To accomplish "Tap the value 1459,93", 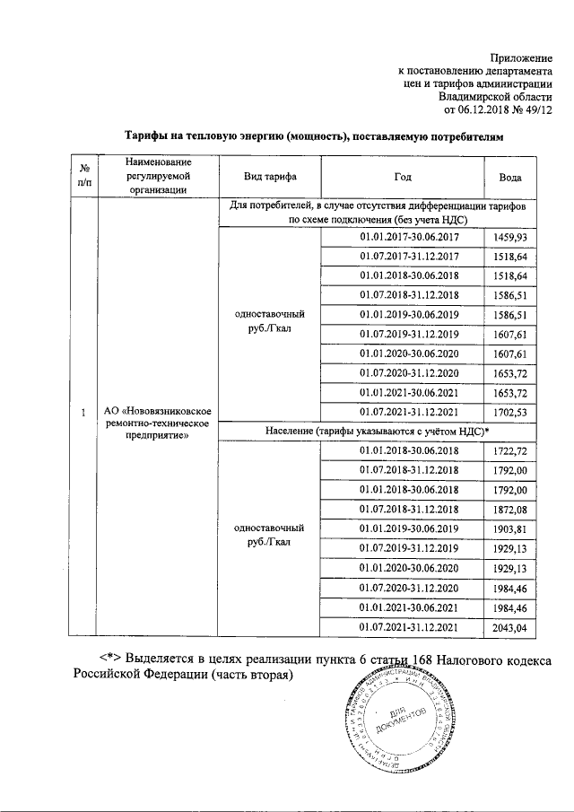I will point(509,236).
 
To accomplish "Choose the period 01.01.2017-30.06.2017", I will point(409,236).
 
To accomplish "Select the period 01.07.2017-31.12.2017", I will point(409,256).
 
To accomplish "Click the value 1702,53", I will point(509,412).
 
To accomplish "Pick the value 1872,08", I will point(509,509).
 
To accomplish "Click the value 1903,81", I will point(509,528).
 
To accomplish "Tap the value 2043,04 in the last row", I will point(509,626).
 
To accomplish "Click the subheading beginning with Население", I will point(376,432).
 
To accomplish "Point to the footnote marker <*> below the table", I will point(109,659).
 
